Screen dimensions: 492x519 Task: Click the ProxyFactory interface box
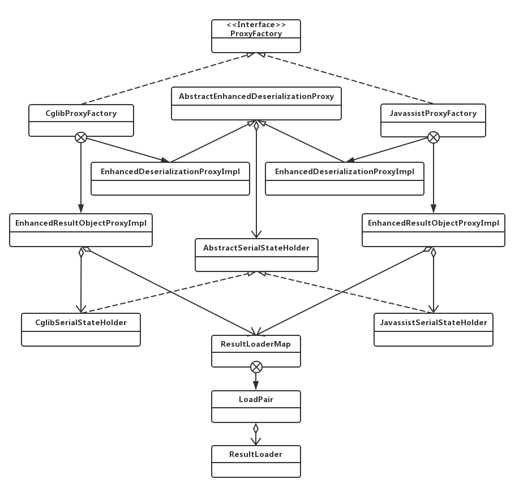point(256,36)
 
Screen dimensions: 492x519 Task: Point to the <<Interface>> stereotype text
point(256,25)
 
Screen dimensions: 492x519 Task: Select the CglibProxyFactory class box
point(81,120)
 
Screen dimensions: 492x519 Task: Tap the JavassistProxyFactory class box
point(433,120)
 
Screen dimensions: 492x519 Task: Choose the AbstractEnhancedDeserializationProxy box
point(256,103)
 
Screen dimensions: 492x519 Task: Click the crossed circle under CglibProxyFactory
point(81,137)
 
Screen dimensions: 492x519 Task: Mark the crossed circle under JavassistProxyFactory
point(433,137)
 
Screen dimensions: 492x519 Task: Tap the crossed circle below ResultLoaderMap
point(256,367)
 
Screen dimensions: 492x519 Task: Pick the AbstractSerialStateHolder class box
point(256,254)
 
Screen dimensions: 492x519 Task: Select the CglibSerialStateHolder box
point(81,329)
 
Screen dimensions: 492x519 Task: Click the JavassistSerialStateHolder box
point(433,329)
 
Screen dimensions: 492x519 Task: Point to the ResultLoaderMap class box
point(256,351)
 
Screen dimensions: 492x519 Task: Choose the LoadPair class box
point(256,407)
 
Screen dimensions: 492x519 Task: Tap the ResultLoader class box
point(256,461)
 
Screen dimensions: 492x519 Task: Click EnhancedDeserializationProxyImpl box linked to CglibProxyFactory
point(170,179)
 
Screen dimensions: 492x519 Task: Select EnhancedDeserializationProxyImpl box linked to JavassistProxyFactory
point(345,179)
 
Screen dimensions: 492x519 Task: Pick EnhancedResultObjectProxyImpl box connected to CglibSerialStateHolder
point(81,230)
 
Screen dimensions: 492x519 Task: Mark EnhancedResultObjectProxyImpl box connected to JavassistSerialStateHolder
point(433,230)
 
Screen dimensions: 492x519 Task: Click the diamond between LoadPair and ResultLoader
point(256,428)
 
